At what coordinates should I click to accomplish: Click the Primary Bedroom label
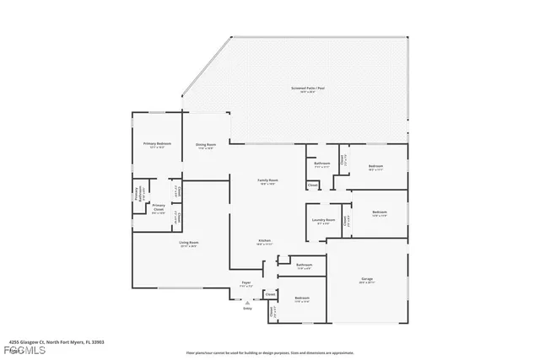158,144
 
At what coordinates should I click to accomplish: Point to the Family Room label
267,180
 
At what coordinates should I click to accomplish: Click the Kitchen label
264,241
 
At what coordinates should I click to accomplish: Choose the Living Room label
187,244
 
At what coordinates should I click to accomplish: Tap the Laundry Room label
324,221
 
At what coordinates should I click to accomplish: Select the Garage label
367,279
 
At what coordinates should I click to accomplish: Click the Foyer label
246,283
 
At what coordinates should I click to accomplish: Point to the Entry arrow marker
247,304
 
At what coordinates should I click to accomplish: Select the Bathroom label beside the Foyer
305,266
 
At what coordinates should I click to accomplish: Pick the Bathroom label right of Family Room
322,163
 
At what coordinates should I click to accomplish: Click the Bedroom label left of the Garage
301,298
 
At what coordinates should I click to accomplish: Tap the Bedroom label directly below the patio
375,167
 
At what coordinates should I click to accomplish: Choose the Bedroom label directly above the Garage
380,212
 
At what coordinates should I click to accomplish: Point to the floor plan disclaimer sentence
269,353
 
